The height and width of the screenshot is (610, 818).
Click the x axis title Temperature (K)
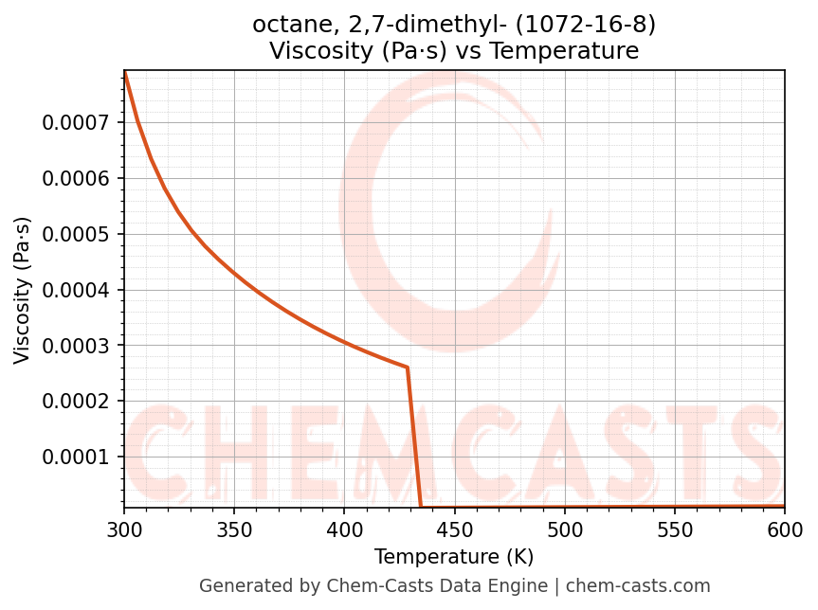pyautogui.click(x=454, y=556)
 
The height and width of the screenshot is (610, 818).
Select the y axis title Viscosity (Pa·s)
pyautogui.click(x=23, y=290)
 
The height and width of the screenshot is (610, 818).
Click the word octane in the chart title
pyautogui.click(x=285, y=24)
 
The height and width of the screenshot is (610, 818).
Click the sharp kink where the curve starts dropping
pyautogui.click(x=408, y=368)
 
